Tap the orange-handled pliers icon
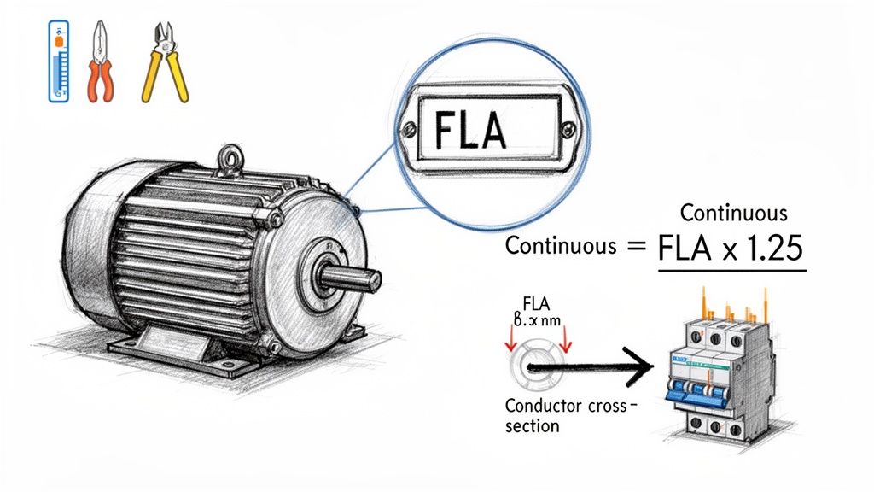coord(100,63)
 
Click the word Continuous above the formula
coord(733,212)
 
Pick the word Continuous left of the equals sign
coord(560,247)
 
